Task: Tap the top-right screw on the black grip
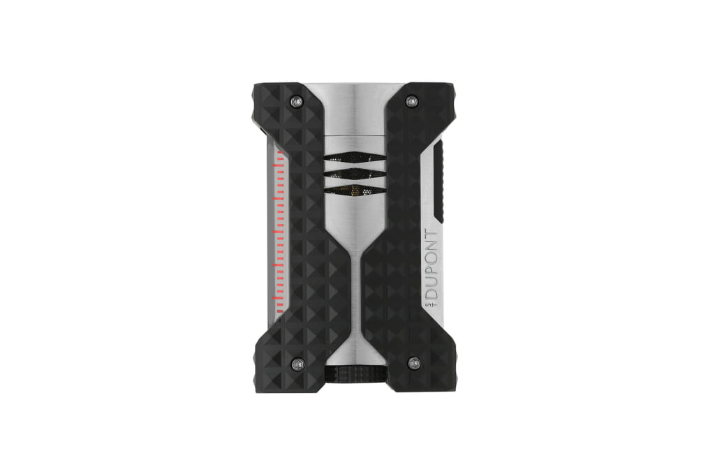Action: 411,101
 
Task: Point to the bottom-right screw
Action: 414,363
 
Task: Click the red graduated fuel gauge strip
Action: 279,232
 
